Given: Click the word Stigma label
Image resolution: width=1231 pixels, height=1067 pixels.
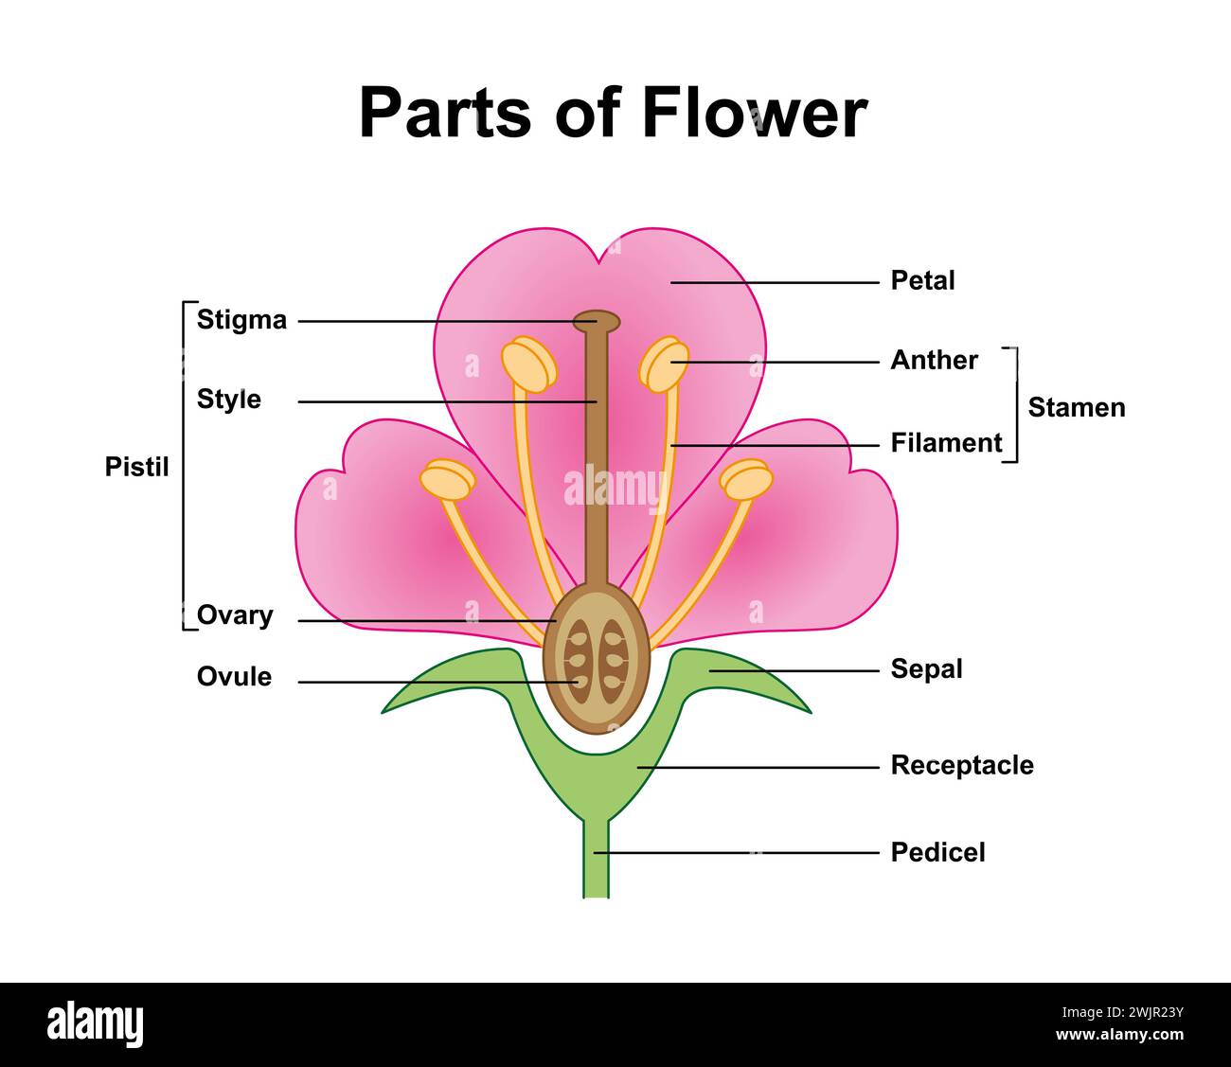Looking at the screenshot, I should coord(241,320).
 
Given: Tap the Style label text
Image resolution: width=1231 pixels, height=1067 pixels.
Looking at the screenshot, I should coord(228,400).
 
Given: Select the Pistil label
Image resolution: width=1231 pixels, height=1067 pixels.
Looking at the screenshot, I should coord(136,467).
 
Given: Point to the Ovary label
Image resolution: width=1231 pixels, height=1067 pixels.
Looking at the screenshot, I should coord(235,615).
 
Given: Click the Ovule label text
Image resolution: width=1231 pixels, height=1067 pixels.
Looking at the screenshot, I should coord(234,677).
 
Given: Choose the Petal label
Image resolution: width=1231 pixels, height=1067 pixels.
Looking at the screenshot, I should coord(922,280).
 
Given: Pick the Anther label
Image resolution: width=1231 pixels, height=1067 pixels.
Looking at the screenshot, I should coord(934,360).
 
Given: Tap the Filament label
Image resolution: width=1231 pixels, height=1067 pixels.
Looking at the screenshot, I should coord(946,442).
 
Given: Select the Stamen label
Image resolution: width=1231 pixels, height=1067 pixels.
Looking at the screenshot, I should coord(1077,407).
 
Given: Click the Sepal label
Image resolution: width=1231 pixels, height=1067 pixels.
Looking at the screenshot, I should coord(926,669).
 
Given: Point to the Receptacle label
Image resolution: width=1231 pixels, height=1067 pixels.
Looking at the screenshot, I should coord(962,765).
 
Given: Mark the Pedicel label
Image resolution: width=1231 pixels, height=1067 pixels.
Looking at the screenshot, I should coord(937,852).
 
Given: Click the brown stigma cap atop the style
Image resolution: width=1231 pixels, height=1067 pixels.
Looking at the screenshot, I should coord(597,321).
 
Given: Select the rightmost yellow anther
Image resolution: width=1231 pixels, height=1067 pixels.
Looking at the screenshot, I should coord(746,479).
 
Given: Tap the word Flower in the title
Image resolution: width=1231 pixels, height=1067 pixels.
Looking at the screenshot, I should coord(753,113).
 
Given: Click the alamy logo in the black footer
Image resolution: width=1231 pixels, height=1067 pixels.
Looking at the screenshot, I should coord(96,1024).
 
